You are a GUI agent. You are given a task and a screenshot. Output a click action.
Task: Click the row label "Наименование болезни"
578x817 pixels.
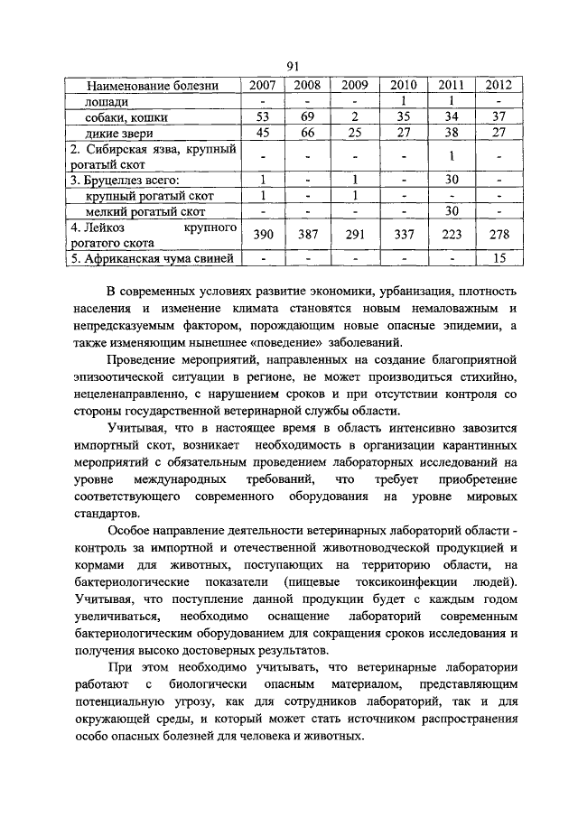pyautogui.click(x=153, y=86)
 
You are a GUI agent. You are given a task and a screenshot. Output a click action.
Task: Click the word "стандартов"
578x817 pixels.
pyautogui.click(x=101, y=514)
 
